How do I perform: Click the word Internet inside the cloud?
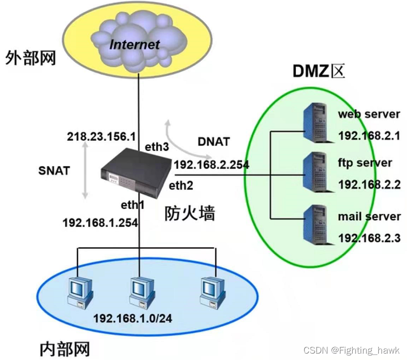[x=135, y=44]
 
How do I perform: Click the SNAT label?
[x=54, y=170]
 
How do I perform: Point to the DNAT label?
[x=214, y=142]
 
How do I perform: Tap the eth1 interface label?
[x=133, y=204]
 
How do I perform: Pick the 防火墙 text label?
[x=190, y=214]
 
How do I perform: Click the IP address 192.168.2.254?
[x=211, y=165]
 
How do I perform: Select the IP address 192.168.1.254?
[x=100, y=223]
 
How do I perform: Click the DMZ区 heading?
[x=318, y=72]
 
